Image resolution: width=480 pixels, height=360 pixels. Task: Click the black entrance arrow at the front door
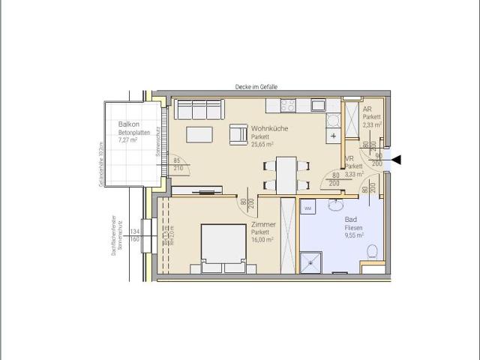(397, 158)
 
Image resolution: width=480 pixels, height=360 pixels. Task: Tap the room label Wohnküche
(268, 128)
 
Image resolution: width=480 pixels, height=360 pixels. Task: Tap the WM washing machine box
(307, 208)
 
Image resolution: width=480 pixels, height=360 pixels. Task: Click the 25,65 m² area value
(262, 145)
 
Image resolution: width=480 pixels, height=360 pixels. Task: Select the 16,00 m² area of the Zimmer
(262, 240)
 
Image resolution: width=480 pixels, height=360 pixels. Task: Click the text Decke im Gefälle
(255, 87)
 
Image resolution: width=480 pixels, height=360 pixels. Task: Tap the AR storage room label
(367, 109)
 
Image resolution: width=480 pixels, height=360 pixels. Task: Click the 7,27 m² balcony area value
(128, 140)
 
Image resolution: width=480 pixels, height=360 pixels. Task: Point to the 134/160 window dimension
(135, 236)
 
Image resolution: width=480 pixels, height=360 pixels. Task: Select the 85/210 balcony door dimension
(178, 163)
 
